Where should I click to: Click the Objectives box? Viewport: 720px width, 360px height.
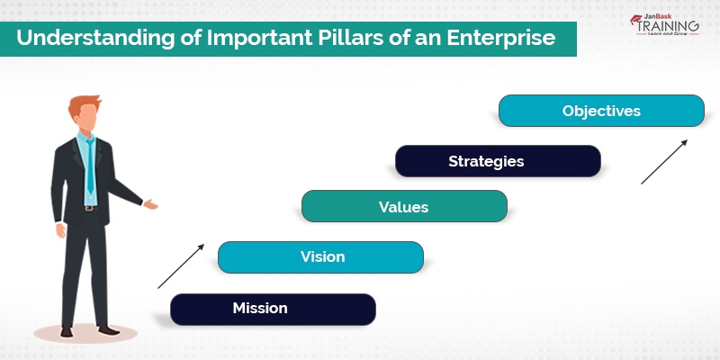pyautogui.click(x=601, y=111)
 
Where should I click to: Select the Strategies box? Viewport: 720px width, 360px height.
pyautogui.click(x=498, y=161)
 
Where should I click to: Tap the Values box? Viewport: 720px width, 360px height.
pyautogui.click(x=404, y=206)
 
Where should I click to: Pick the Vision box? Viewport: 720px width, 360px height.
pyautogui.click(x=320, y=256)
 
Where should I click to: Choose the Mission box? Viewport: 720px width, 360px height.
pyautogui.click(x=273, y=309)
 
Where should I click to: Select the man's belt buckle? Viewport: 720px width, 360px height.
pyautogui.click(x=89, y=208)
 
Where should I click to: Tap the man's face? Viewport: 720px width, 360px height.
pyautogui.click(x=85, y=118)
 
